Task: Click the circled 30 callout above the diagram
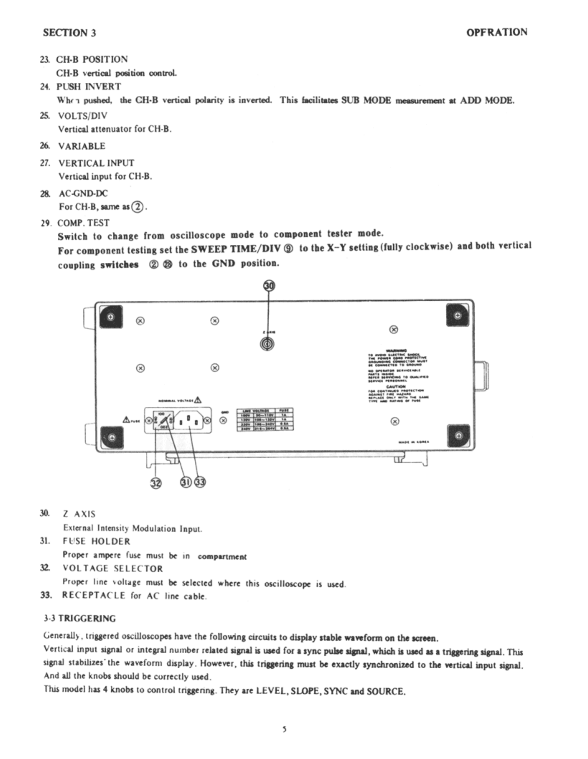pos(269,286)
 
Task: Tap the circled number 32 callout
pos(156,483)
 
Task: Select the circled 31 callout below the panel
pos(186,482)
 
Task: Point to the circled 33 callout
pos(200,482)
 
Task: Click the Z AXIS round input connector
pos(267,344)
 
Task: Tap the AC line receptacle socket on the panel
pos(188,420)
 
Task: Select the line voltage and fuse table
pos(265,419)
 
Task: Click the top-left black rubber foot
pos(111,317)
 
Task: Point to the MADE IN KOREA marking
pos(414,442)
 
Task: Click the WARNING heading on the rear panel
pos(396,350)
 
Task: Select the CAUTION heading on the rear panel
pos(396,387)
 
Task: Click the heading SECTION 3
pos(70,33)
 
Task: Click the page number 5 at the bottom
pos(284,729)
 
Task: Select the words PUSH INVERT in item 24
pos(89,87)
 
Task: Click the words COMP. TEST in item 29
pos(83,223)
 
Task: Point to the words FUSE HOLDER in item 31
pos(96,541)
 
